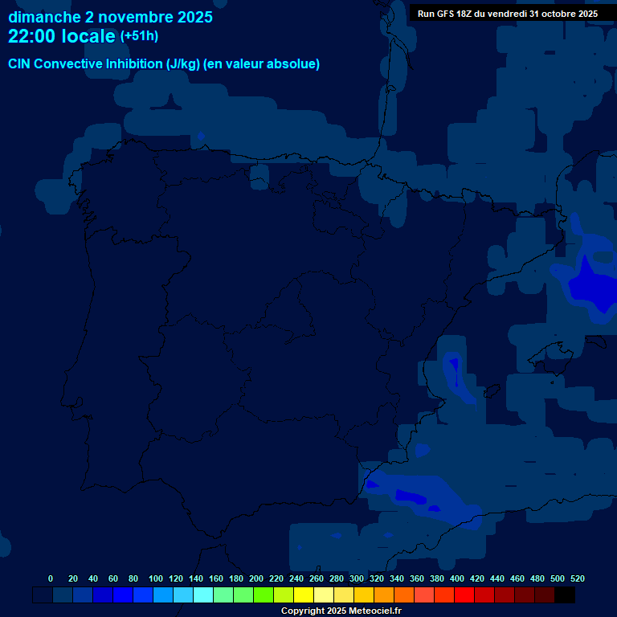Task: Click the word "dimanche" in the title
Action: coord(43,17)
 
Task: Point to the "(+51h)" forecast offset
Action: coord(139,36)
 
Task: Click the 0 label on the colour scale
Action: coord(51,578)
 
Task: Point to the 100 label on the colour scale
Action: coord(156,578)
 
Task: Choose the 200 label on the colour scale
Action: coord(256,578)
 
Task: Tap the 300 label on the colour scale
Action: coord(357,578)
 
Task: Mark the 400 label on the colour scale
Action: coord(457,578)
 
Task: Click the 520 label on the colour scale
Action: coord(578,578)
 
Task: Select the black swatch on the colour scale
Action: coord(565,595)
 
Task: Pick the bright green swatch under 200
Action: coord(264,595)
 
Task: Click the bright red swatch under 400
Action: coord(464,595)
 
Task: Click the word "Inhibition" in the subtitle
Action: coord(135,64)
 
